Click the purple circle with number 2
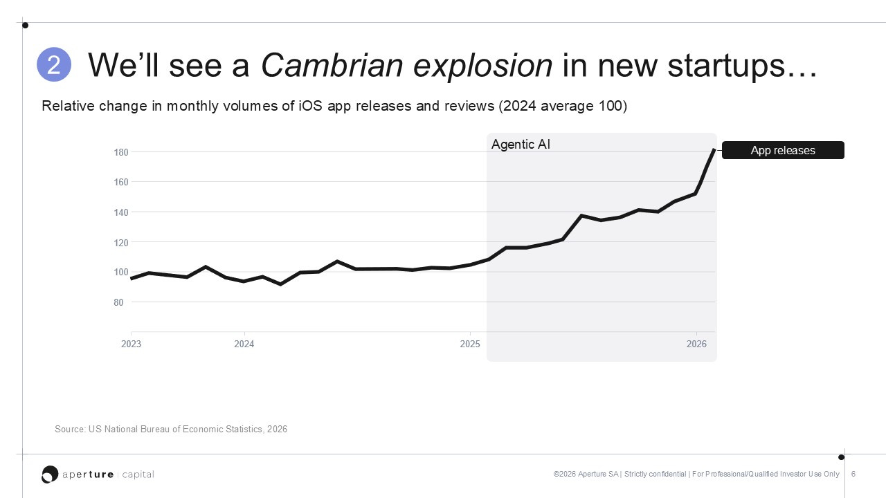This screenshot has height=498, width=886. [54, 64]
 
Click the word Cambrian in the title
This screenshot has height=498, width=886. [332, 65]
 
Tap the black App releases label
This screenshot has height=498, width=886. [783, 150]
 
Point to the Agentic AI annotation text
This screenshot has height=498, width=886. [521, 145]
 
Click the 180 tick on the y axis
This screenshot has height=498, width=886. [121, 153]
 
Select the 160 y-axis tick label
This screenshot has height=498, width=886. [121, 182]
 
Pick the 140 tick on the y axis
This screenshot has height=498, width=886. [121, 212]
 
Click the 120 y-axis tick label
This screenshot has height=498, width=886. [121, 243]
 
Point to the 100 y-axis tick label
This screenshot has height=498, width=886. [121, 273]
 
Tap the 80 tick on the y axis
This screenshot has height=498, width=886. [118, 302]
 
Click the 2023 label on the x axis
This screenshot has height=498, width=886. [131, 344]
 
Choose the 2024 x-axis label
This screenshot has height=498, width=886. [244, 344]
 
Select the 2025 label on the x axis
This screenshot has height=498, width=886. [470, 344]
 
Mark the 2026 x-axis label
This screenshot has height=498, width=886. [696, 344]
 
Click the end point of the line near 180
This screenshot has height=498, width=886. [714, 150]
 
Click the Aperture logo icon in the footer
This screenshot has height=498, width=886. [50, 474]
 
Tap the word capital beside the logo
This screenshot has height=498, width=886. [138, 474]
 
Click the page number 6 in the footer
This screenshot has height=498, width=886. [853, 474]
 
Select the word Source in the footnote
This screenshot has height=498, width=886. [70, 430]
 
